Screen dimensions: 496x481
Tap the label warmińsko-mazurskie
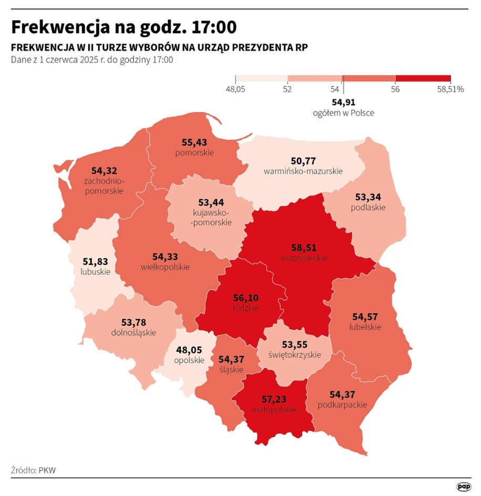303,171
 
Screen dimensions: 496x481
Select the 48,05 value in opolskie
189,350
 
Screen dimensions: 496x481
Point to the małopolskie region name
274,410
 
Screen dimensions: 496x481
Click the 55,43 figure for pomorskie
195,142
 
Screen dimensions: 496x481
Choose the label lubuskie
96,272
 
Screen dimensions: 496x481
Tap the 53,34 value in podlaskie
368,197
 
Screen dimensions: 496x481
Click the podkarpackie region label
342,405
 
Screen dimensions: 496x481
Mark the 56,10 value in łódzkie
246,298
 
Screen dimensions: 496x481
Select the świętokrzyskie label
294,355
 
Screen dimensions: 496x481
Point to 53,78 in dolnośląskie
134,322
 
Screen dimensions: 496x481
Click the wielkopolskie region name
165,267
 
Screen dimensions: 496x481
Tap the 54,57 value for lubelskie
365,317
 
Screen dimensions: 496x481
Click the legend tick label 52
287,89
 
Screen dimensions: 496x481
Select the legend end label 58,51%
450,89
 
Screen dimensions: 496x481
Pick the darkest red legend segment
423,78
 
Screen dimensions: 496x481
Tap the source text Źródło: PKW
33,470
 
